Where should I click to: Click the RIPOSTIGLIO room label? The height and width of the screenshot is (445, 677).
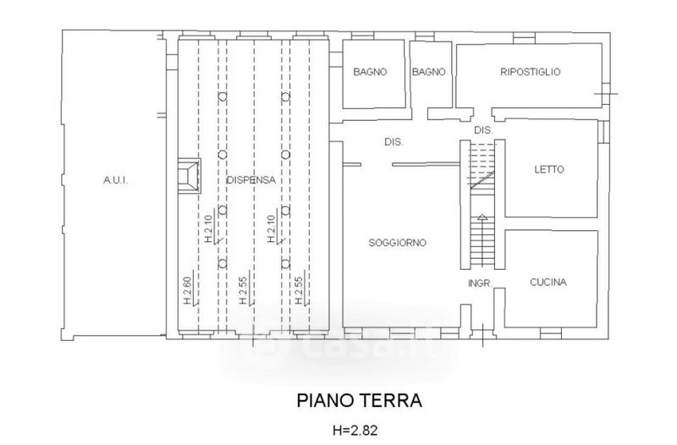[531, 72]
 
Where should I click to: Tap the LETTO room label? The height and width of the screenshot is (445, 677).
[549, 169]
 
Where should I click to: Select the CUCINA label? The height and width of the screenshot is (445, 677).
[548, 283]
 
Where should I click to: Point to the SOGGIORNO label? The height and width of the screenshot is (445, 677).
[397, 243]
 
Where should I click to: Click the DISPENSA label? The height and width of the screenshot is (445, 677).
[251, 180]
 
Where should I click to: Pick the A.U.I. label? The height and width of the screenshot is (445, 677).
[116, 180]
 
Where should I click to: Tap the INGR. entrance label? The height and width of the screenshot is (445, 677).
[480, 283]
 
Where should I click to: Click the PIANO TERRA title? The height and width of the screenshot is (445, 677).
[359, 400]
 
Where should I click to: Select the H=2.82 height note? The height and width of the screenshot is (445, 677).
[355, 431]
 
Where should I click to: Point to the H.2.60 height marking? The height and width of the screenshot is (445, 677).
[187, 290]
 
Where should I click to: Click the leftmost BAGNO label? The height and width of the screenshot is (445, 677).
[370, 72]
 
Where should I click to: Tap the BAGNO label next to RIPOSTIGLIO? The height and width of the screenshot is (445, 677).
[429, 72]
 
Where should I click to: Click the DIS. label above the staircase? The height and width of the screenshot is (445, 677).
[483, 130]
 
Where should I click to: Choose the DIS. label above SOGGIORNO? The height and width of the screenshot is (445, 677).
[394, 141]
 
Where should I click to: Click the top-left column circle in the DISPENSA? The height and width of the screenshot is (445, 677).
[223, 96]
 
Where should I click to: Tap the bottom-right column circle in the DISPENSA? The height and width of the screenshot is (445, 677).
[285, 263]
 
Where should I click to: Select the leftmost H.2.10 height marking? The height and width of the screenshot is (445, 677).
[209, 229]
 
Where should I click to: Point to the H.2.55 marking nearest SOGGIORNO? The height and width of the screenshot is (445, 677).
[300, 290]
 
